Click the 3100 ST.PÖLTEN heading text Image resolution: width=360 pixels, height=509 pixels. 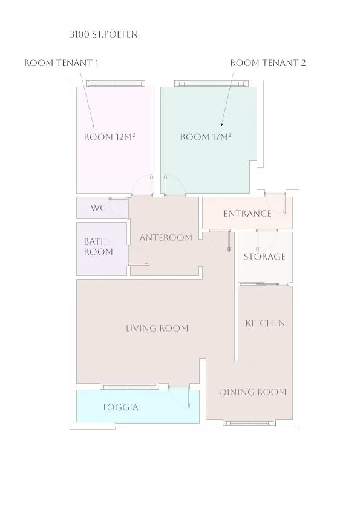coord(103,34)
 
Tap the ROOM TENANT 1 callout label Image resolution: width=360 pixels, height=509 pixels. coord(61,63)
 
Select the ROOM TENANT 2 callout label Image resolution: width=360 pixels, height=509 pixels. coord(268,63)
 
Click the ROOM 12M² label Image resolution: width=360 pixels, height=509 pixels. coord(110,137)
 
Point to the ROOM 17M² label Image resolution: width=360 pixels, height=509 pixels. coord(206,137)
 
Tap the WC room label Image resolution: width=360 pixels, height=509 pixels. coord(99,208)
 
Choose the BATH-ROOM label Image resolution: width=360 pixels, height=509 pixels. coord(99,246)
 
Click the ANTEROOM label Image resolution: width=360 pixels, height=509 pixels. coord(166,238)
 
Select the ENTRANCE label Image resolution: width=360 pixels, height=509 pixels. coord(247,214)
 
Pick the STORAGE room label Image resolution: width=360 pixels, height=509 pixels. coord(264,257)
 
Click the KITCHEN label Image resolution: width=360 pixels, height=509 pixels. coord(265,323)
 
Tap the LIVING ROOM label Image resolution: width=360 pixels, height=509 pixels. coord(157,328)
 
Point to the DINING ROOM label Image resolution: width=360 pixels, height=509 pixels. coord(253,392)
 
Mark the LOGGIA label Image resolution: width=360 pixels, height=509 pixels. coord(121,407)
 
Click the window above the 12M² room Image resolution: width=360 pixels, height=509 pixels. coord(117,84)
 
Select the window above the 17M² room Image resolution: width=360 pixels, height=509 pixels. coord(212,84)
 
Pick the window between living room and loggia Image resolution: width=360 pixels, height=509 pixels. coord(131,386)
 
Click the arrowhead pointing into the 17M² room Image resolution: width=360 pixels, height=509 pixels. coord(222,124)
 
